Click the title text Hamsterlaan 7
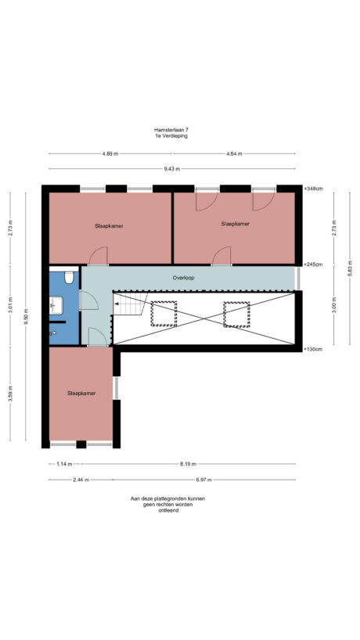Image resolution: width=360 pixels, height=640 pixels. (171, 130)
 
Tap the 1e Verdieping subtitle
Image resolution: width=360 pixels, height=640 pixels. (171, 136)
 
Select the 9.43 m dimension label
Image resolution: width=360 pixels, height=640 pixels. (171, 169)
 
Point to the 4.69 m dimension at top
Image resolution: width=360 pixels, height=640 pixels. (110, 154)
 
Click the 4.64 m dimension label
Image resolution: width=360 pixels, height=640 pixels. (234, 154)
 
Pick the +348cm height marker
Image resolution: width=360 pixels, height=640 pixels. (314, 189)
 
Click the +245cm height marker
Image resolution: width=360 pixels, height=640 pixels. (314, 264)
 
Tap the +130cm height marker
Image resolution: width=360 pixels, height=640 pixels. (314, 348)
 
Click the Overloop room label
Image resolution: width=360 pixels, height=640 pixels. (183, 278)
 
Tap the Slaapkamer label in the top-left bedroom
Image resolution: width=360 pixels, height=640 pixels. (109, 225)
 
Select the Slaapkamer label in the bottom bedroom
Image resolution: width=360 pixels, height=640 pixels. (81, 394)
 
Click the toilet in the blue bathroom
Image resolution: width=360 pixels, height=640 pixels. (69, 277)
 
